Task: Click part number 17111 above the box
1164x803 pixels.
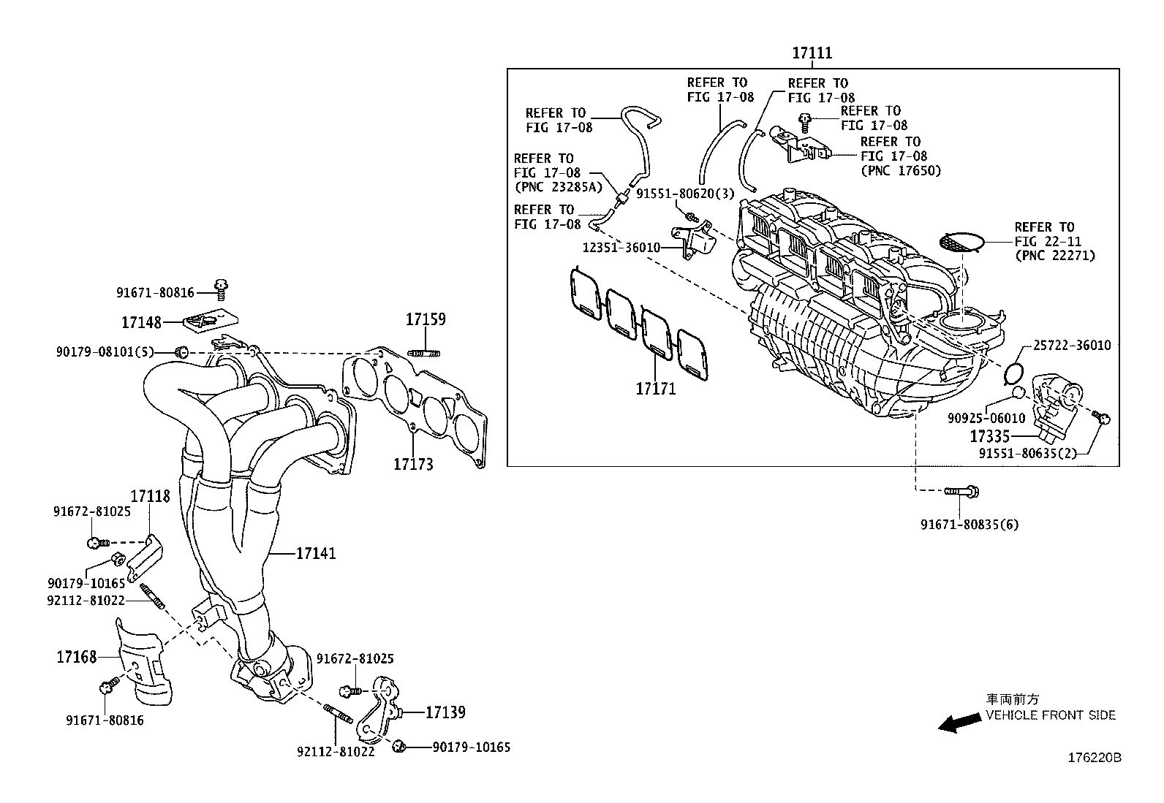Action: (812, 53)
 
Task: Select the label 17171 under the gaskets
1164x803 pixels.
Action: (655, 389)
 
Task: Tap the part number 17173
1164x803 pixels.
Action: (413, 464)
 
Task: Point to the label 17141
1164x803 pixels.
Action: (316, 553)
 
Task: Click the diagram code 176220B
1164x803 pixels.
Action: (1095, 758)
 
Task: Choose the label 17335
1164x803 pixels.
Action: (989, 436)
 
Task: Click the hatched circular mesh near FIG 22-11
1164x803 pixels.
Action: (960, 243)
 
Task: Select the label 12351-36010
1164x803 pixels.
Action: (621, 248)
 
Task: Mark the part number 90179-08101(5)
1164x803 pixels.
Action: (105, 352)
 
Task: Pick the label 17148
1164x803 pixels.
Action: (141, 321)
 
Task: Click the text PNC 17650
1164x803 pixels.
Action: (901, 171)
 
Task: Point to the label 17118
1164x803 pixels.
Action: (150, 496)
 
